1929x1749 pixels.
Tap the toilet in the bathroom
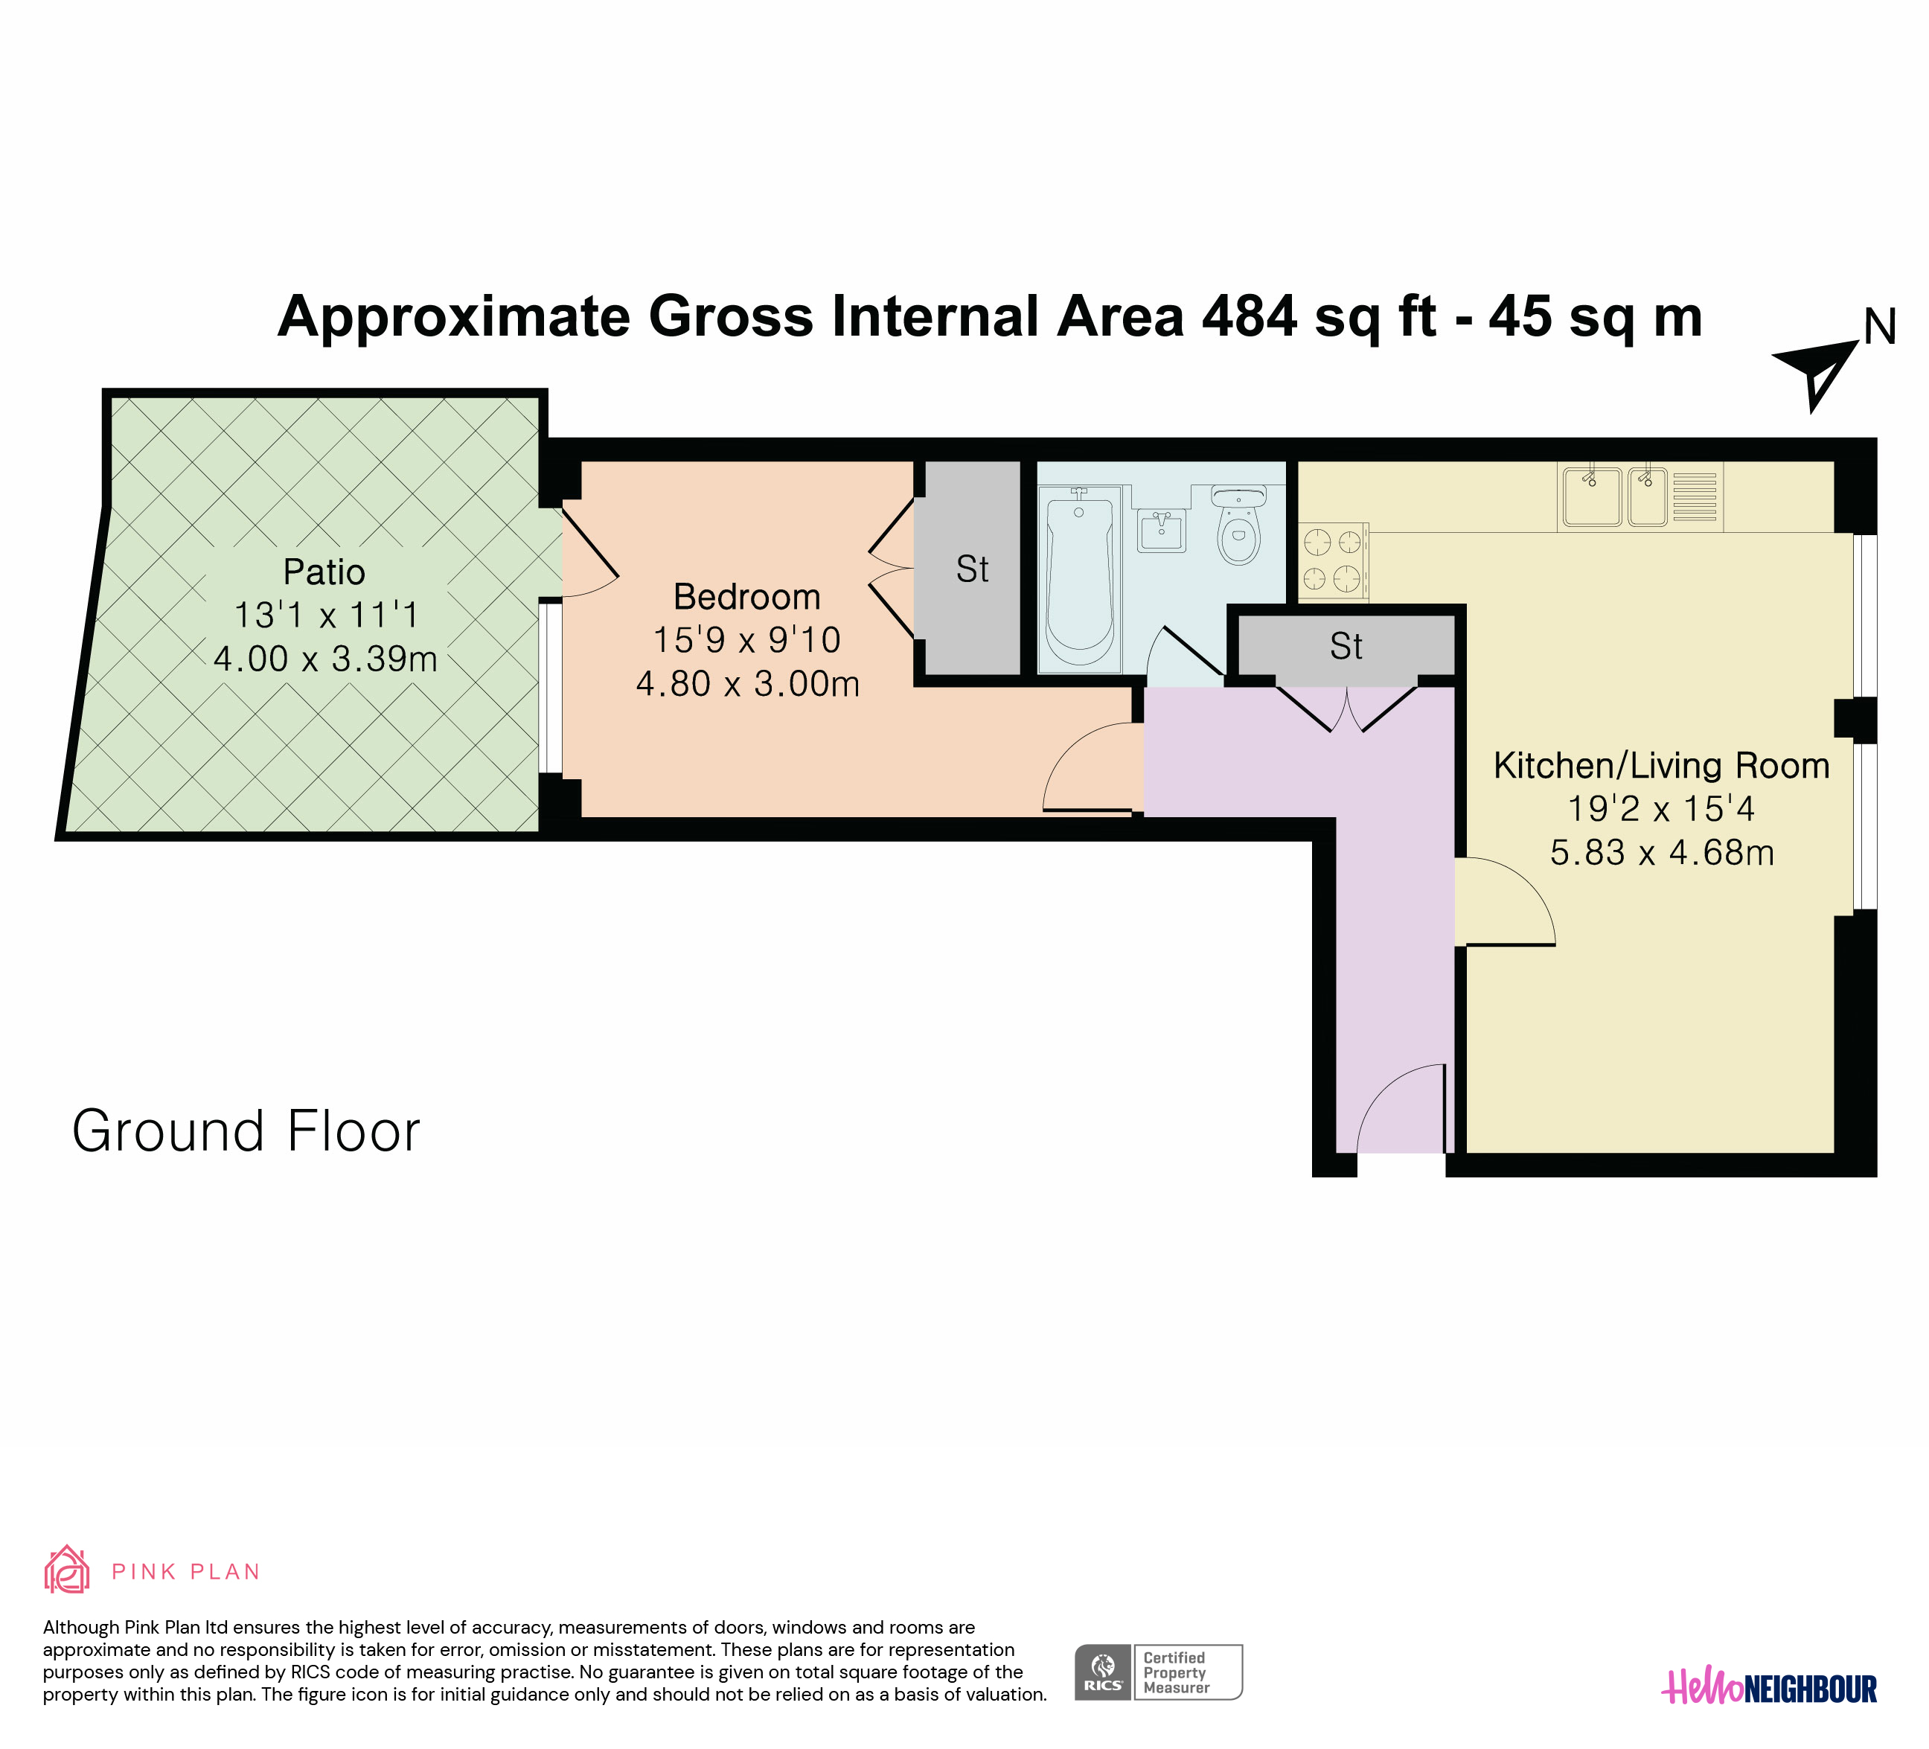[1238, 524]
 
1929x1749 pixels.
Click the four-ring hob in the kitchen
[1333, 562]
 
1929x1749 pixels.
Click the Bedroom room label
[746, 597]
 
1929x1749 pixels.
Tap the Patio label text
[324, 572]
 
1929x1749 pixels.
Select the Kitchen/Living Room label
[1661, 765]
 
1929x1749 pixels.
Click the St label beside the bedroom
[972, 569]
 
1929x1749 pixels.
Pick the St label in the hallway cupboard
[1346, 647]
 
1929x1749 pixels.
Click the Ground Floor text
[246, 1131]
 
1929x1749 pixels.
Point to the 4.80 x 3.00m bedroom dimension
[747, 684]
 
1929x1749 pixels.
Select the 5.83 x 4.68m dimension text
[1662, 852]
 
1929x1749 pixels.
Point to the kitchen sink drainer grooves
[1695, 497]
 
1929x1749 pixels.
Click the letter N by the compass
[1880, 327]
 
